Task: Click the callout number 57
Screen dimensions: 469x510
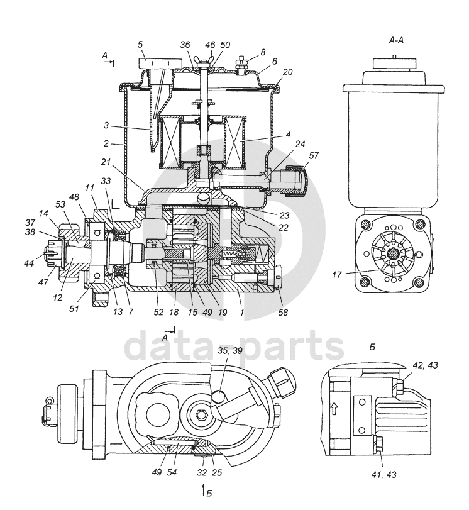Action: [314, 156]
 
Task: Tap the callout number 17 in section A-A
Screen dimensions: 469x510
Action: [337, 275]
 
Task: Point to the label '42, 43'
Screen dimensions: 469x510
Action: [425, 365]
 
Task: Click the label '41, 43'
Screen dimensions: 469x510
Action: [383, 475]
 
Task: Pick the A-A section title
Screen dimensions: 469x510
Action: [396, 40]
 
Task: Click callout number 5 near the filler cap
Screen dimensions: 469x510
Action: [140, 44]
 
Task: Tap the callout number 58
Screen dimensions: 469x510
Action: [284, 313]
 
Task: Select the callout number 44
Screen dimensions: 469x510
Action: [29, 263]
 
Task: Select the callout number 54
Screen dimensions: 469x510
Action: [172, 472]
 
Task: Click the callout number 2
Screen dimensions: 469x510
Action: [106, 143]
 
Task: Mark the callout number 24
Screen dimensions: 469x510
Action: [300, 143]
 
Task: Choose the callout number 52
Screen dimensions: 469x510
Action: [158, 312]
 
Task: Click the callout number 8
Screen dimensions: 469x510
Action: [263, 52]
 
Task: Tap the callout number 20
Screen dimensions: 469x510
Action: [287, 72]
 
